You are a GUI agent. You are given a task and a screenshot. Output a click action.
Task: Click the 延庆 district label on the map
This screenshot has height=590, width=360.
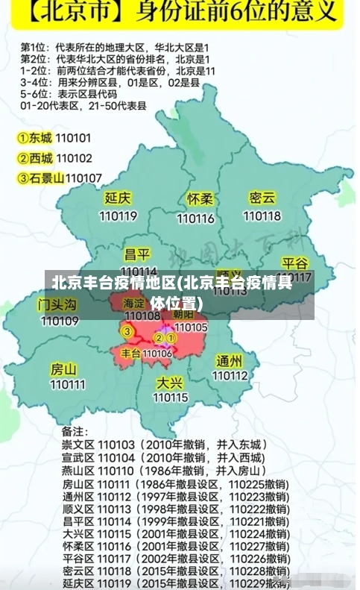click(x=119, y=198)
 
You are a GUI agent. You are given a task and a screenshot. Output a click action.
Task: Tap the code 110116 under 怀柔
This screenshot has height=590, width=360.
click(x=196, y=218)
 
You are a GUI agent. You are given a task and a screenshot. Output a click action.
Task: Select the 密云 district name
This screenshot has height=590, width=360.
click(x=262, y=198)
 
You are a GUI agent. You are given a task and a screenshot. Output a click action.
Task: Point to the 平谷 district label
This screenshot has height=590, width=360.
click(x=294, y=264)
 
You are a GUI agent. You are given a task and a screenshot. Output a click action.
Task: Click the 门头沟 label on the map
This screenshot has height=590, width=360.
click(x=57, y=304)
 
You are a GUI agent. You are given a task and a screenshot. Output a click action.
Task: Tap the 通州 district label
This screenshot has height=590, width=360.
click(x=229, y=360)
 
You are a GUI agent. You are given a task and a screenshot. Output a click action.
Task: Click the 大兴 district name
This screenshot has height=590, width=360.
click(x=169, y=382)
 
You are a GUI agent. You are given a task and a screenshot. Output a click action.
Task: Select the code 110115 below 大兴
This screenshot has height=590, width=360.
click(x=171, y=397)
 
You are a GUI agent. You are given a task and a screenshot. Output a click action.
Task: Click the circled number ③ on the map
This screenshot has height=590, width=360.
click(x=127, y=331)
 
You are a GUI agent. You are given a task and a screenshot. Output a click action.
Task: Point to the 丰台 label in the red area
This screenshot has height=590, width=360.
click(x=131, y=353)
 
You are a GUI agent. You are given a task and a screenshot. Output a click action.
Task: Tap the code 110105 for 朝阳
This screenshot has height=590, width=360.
click(x=191, y=327)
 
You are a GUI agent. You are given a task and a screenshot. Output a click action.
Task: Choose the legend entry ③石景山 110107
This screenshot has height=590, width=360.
click(x=60, y=178)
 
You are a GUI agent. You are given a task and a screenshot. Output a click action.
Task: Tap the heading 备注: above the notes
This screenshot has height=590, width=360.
click(x=75, y=431)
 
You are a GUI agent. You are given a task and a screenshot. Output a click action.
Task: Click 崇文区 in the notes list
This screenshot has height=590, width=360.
click(x=78, y=445)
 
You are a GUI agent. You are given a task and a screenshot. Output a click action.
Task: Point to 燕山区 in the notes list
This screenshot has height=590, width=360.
click(x=78, y=471)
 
